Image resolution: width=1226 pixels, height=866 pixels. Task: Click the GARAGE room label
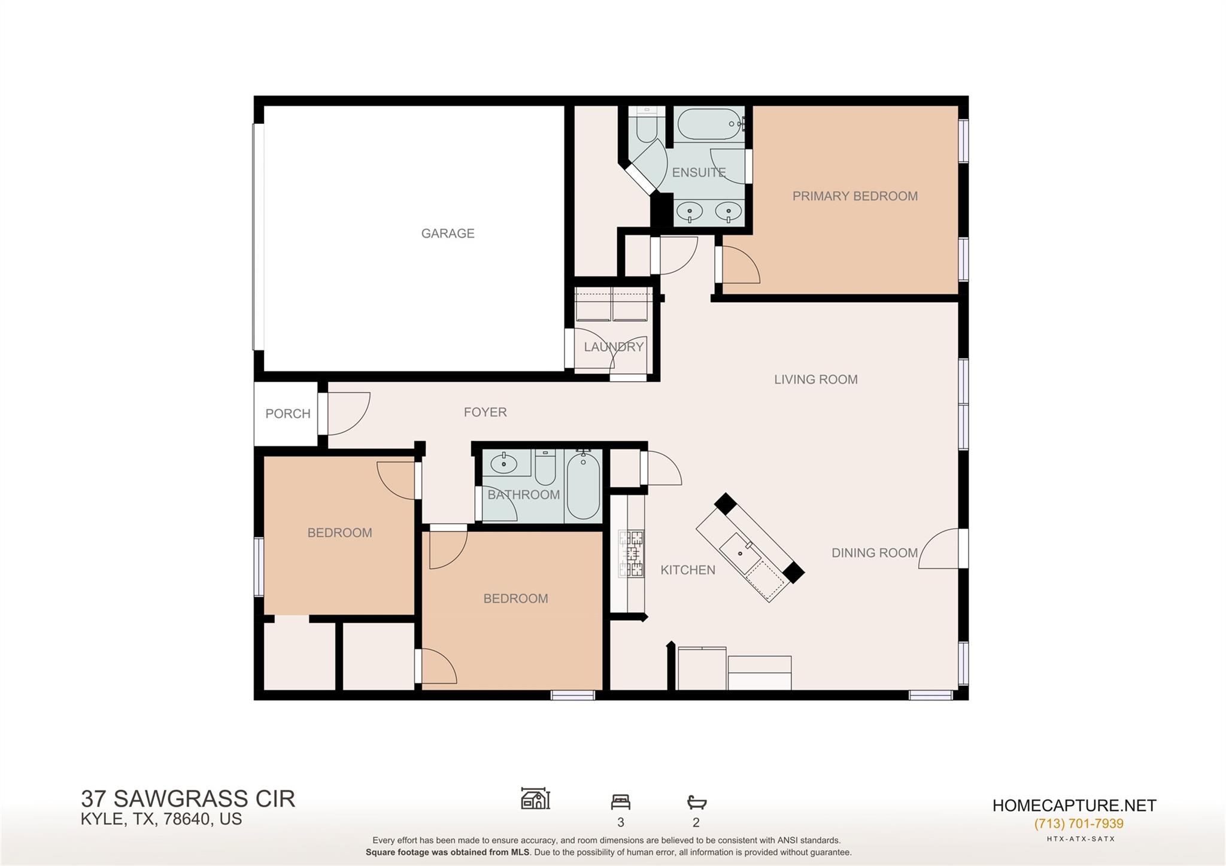click(x=447, y=233)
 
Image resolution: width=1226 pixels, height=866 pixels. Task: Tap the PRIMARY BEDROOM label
click(x=854, y=196)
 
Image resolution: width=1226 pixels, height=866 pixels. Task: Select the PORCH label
click(x=287, y=414)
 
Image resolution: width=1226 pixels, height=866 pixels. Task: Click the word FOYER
click(x=485, y=412)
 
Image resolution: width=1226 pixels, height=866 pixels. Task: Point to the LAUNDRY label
click(x=614, y=347)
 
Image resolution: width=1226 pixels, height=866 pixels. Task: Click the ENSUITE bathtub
click(x=709, y=124)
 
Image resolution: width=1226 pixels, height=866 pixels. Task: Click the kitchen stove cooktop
click(x=632, y=554)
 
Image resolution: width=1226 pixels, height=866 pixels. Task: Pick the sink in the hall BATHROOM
click(x=504, y=463)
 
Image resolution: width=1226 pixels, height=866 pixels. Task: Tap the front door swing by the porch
click(x=345, y=413)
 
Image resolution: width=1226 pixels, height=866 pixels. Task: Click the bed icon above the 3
click(x=620, y=802)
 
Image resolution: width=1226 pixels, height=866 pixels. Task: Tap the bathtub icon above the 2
click(x=696, y=802)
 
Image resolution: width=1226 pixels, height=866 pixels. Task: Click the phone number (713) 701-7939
click(x=1078, y=824)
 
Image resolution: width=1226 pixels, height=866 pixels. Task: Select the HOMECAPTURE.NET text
click(x=1074, y=806)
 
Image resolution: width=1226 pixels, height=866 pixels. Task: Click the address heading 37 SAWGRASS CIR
click(x=188, y=799)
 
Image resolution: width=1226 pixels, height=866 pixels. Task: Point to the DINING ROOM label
click(x=874, y=553)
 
